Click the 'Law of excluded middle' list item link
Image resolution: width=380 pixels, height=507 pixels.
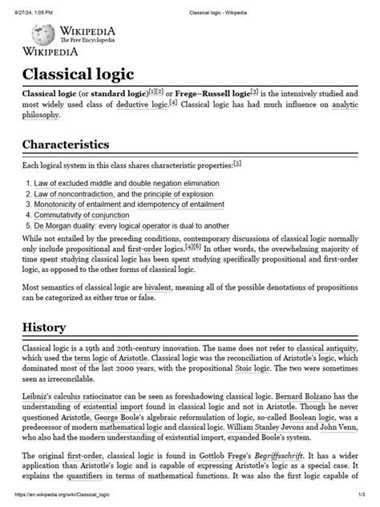(73, 182)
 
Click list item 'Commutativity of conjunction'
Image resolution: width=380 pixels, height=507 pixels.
(85, 215)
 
